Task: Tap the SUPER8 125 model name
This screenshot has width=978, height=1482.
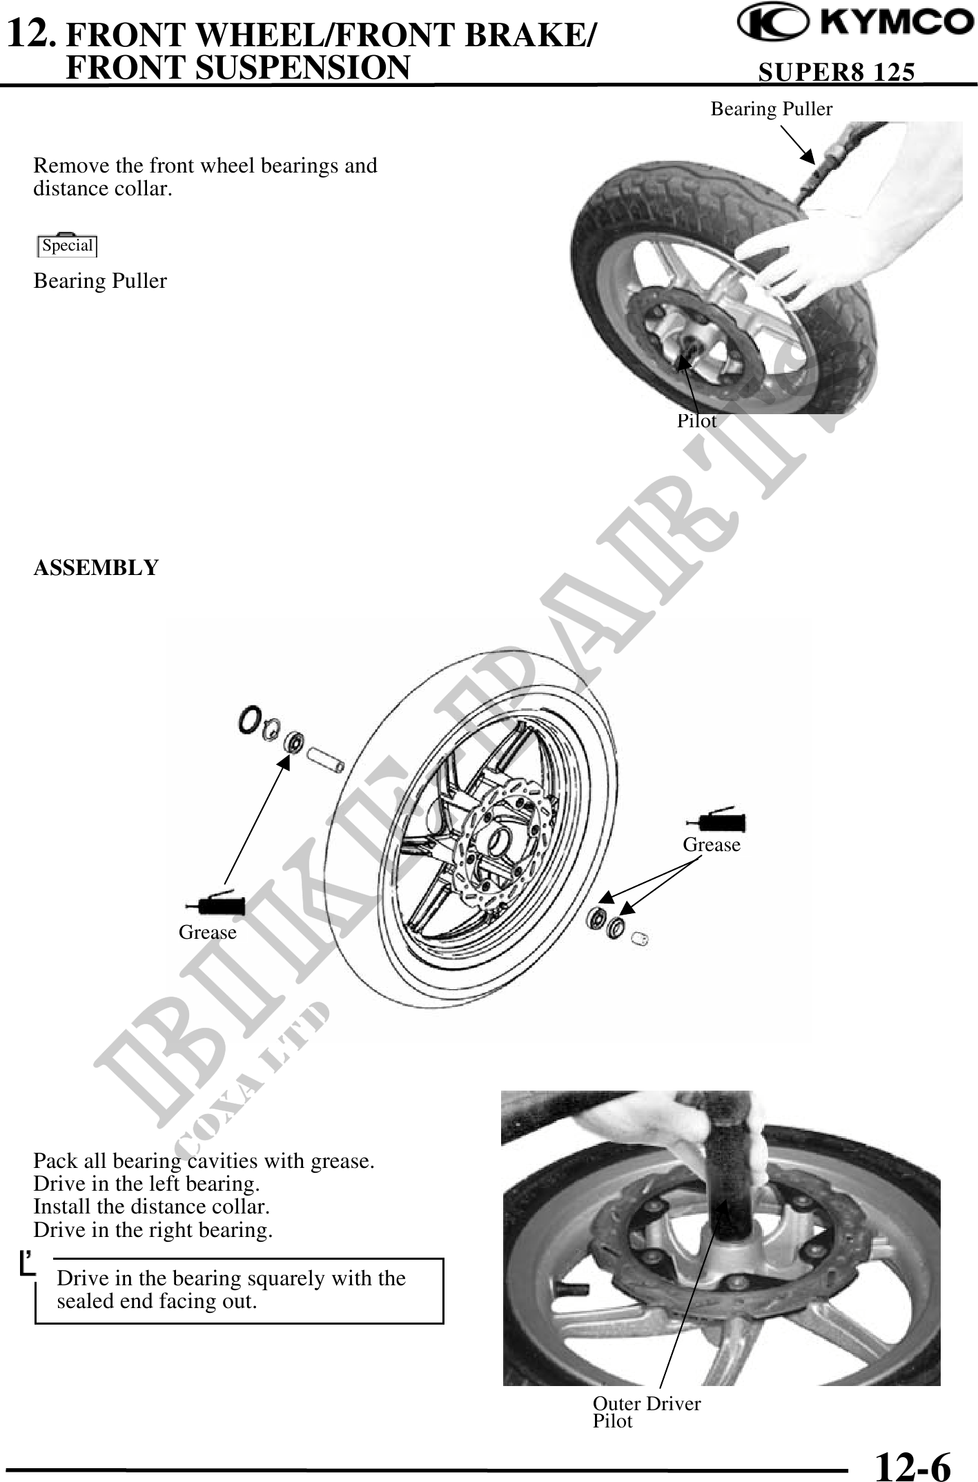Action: pyautogui.click(x=837, y=72)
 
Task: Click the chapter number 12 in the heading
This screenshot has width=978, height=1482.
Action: pyautogui.click(x=30, y=32)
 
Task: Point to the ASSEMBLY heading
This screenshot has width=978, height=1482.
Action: pyautogui.click(x=96, y=567)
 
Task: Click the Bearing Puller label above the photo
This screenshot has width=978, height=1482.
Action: pyautogui.click(x=772, y=109)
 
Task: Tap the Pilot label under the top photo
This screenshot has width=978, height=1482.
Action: pyautogui.click(x=696, y=421)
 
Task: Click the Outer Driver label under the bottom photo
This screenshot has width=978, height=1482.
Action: pyautogui.click(x=647, y=1403)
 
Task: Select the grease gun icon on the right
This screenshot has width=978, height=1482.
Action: pyautogui.click(x=716, y=821)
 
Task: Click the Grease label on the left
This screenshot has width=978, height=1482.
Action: pyautogui.click(x=207, y=933)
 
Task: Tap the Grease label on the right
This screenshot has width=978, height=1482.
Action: pyautogui.click(x=712, y=845)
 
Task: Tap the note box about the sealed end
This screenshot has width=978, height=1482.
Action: pyautogui.click(x=239, y=1290)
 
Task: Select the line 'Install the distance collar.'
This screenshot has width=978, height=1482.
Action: pyautogui.click(x=152, y=1207)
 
